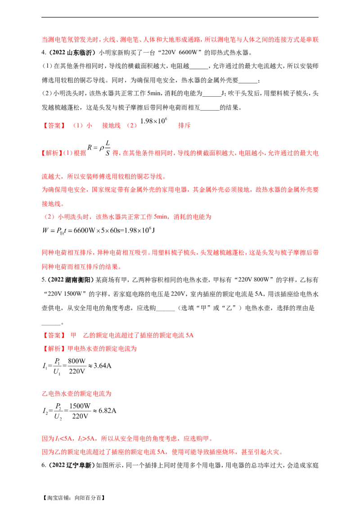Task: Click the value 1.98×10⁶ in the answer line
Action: (x=154, y=121)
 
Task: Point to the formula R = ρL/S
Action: (x=99, y=148)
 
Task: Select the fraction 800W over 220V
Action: (x=77, y=366)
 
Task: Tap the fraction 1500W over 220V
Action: (x=80, y=411)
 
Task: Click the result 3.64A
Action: (x=102, y=366)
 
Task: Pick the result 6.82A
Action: (x=107, y=411)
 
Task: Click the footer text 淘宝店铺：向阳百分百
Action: (x=74, y=498)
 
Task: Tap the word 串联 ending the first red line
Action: (x=312, y=40)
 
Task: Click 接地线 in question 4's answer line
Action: (x=112, y=125)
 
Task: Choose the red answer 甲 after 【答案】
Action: (x=73, y=335)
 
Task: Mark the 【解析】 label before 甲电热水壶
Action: (x=54, y=348)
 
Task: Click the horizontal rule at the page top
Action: (x=180, y=17)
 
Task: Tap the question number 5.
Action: (x=44, y=280)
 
